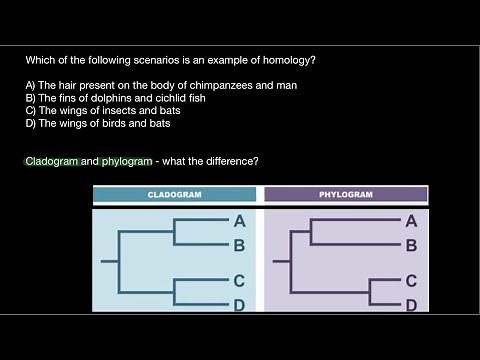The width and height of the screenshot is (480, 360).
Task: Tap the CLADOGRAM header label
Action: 175,195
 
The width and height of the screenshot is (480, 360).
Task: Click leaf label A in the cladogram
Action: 240,222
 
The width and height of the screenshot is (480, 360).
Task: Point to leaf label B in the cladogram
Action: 240,244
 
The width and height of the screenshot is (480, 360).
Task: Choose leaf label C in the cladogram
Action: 240,281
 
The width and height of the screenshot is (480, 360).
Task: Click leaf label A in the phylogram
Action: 411,221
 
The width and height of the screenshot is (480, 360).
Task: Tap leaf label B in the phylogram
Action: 411,244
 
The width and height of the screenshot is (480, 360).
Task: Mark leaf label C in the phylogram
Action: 411,282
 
